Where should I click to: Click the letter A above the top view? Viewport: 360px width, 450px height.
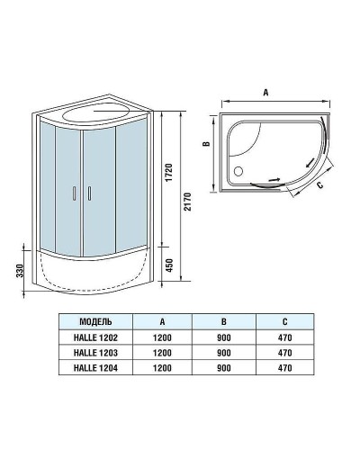[x=267, y=92]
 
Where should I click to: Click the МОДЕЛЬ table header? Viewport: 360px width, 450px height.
[x=95, y=320]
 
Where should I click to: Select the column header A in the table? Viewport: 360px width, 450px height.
[x=161, y=320]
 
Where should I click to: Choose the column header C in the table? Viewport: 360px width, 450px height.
[x=285, y=320]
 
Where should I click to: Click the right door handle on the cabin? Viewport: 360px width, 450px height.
[x=90, y=192]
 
